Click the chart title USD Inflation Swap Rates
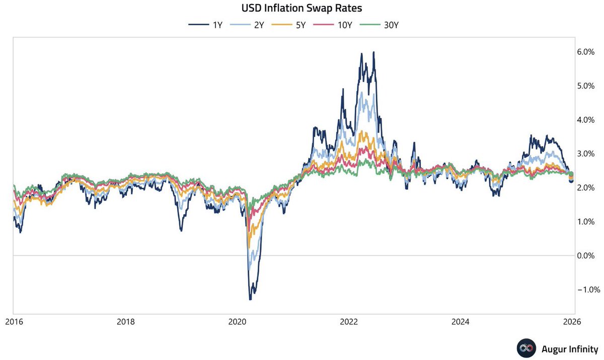tap(301, 9)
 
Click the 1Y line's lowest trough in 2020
tap(250, 299)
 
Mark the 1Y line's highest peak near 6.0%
tap(373, 52)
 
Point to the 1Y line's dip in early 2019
tap(181, 230)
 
